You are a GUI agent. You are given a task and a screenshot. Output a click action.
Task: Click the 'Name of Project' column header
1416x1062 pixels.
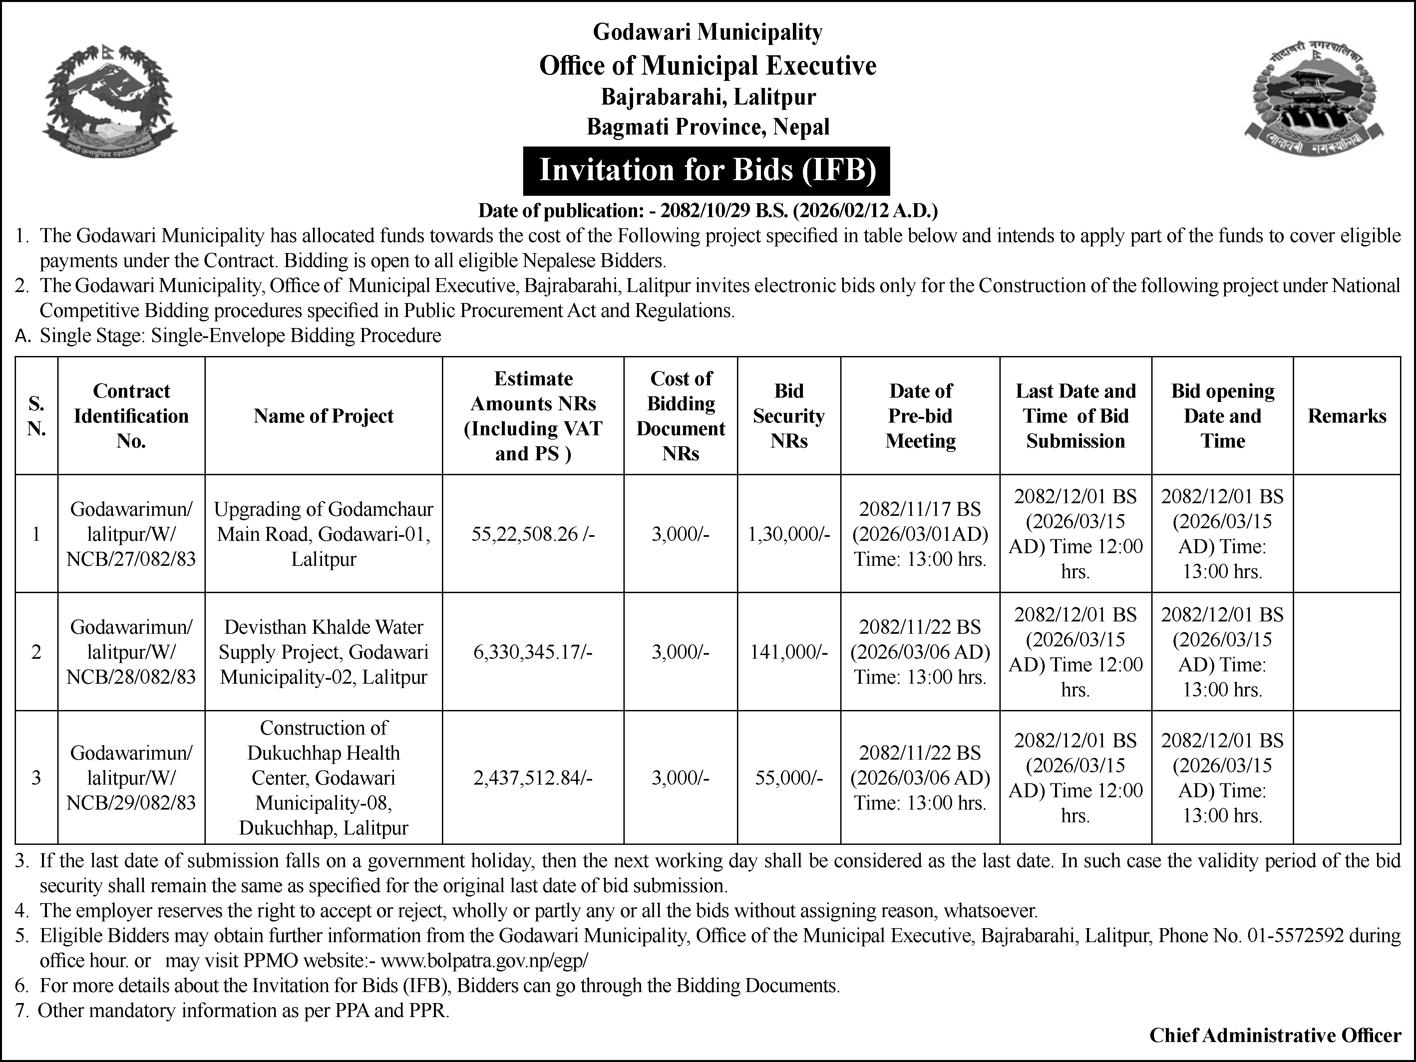click(323, 416)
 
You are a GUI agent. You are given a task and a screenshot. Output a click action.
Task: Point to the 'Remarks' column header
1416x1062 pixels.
click(1346, 416)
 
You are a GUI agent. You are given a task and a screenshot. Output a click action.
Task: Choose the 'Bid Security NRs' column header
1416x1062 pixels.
click(789, 416)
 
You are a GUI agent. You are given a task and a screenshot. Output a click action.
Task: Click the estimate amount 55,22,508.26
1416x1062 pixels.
click(532, 534)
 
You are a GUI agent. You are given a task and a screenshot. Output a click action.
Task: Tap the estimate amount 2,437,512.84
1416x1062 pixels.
click(532, 778)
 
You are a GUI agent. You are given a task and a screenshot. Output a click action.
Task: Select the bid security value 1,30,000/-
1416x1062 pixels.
click(789, 534)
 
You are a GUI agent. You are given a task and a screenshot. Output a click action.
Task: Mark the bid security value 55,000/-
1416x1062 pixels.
click(789, 778)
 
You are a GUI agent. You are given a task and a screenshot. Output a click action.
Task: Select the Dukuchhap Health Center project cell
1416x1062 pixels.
click(323, 778)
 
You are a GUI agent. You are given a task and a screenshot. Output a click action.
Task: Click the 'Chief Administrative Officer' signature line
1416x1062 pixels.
click(1275, 1035)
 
